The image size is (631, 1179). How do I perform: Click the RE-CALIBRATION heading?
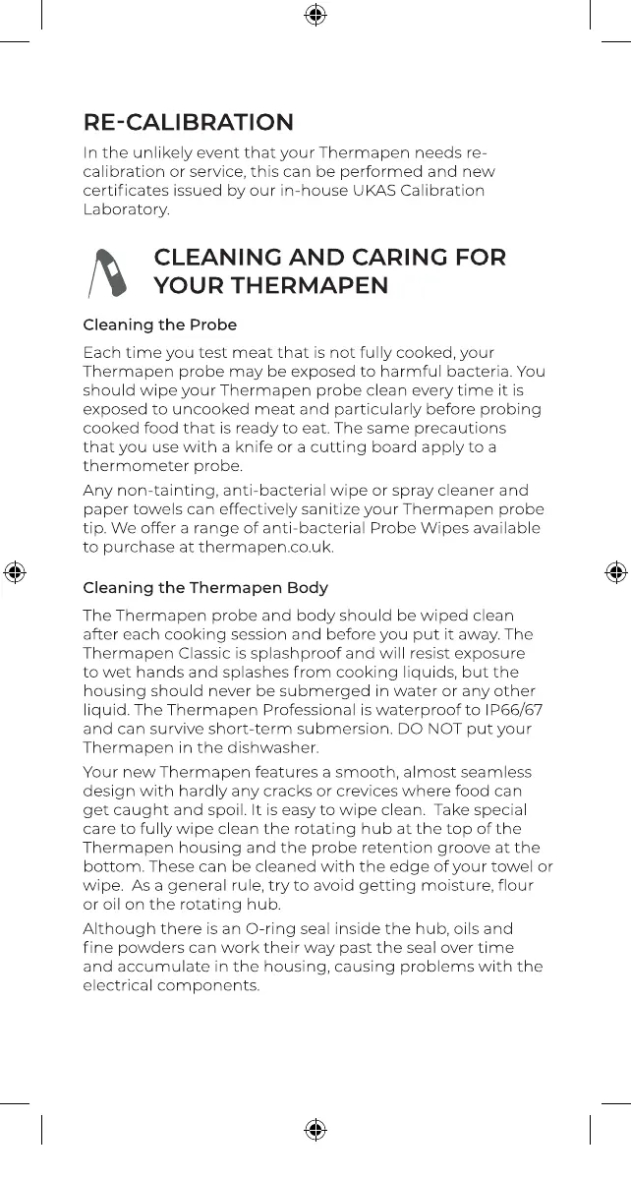[188, 123]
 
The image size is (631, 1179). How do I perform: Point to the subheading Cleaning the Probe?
[160, 324]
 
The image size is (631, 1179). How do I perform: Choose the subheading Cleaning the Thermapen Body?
[205, 588]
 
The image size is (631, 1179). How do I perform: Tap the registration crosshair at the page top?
[315, 15]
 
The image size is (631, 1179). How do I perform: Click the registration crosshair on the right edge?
[616, 572]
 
